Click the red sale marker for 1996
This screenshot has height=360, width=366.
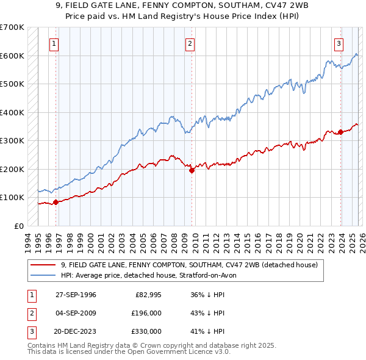pyautogui.click(x=56, y=202)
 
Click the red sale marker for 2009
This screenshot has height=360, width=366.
pyautogui.click(x=192, y=171)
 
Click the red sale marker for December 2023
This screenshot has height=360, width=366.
pyautogui.click(x=340, y=132)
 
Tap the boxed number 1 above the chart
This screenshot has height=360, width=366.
pyautogui.click(x=55, y=43)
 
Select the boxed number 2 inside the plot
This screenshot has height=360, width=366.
pyautogui.click(x=190, y=43)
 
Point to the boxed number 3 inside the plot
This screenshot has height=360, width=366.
pyautogui.click(x=339, y=43)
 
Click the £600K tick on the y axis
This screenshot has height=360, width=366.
pyautogui.click(x=12, y=56)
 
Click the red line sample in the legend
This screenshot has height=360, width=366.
pyautogui.click(x=43, y=265)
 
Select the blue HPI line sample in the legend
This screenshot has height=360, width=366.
pyautogui.click(x=43, y=275)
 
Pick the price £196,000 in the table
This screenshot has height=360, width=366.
pyautogui.click(x=146, y=313)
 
